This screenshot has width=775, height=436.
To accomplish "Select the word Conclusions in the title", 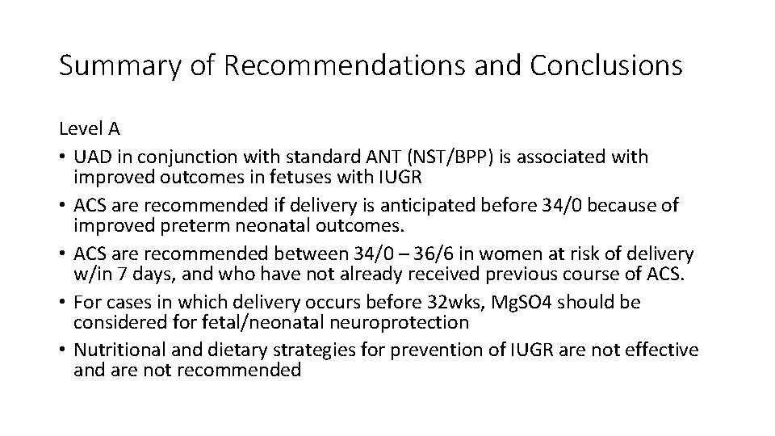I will coord(606,65).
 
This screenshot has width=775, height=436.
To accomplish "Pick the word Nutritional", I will coord(113,350).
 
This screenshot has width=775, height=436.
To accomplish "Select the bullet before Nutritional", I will coord(63,350).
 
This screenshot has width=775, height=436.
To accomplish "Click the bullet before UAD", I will coord(63,155).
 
